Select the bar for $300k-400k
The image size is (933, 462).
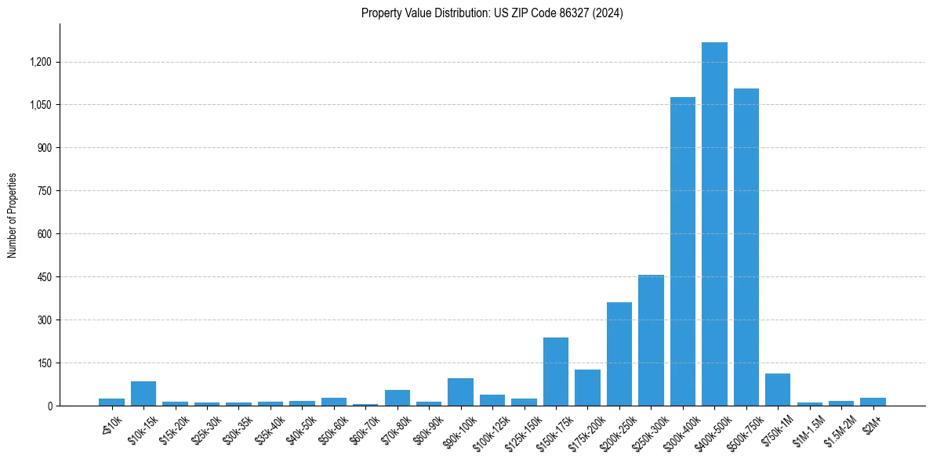click(x=683, y=251)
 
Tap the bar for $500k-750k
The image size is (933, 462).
click(x=746, y=247)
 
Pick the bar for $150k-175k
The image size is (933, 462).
click(x=556, y=371)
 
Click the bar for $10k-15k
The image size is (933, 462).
click(x=143, y=393)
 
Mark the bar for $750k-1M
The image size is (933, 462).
click(x=778, y=389)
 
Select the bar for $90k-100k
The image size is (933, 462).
click(x=460, y=392)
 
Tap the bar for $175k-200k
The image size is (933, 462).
click(x=587, y=388)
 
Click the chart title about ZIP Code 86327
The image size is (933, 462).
click(x=492, y=13)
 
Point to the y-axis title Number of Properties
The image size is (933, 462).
click(x=13, y=215)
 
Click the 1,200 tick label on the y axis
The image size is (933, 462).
click(x=41, y=62)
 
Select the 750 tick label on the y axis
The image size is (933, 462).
click(x=44, y=191)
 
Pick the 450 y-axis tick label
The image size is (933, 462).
click(x=44, y=277)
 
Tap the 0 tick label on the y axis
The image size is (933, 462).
click(x=49, y=406)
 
